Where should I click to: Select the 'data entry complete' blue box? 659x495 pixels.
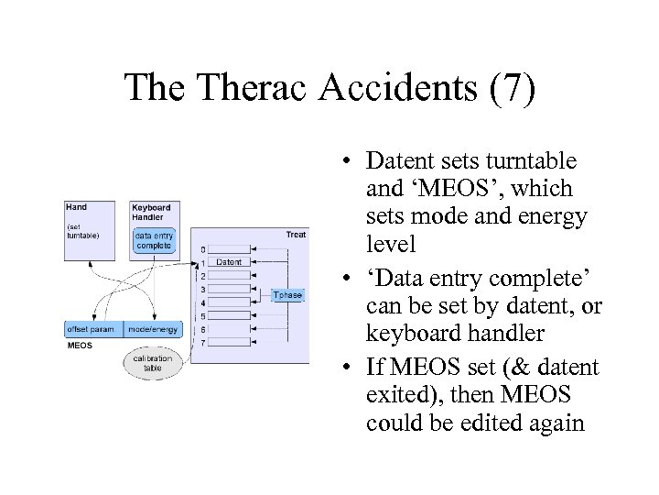click(x=154, y=241)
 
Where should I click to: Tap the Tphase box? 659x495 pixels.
click(x=286, y=294)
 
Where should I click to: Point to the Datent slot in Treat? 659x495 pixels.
click(x=230, y=262)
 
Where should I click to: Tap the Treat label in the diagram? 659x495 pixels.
click(x=297, y=235)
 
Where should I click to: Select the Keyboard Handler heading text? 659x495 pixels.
click(x=149, y=213)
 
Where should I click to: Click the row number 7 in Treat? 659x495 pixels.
click(x=202, y=342)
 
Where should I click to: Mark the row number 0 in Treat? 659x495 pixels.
click(x=202, y=248)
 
